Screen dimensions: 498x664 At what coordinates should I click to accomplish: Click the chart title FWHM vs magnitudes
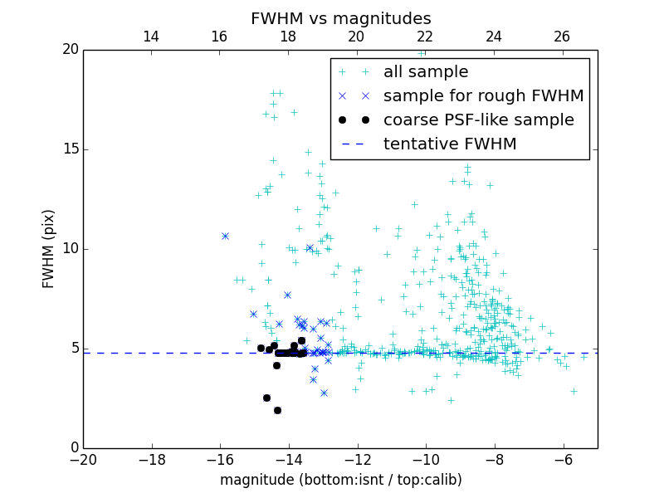(340, 18)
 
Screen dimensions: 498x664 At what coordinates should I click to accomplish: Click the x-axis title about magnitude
(340, 480)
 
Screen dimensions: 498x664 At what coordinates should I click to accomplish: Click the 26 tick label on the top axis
(562, 37)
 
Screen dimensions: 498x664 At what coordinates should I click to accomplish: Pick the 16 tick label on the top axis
(219, 37)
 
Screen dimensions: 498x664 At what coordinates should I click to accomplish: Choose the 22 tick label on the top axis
(425, 37)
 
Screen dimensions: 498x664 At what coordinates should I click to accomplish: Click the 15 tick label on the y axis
(70, 149)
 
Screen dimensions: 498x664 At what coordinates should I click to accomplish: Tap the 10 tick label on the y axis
(70, 249)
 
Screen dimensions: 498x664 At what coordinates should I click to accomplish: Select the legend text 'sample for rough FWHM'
(483, 96)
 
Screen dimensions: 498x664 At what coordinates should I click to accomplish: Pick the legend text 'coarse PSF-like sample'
(478, 120)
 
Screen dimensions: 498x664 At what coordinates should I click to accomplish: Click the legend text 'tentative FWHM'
(450, 144)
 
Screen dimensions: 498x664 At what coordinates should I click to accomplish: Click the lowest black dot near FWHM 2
(277, 410)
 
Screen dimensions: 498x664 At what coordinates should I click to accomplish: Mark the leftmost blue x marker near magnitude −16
(225, 236)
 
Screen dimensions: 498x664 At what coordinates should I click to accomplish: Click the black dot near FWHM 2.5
(266, 398)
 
